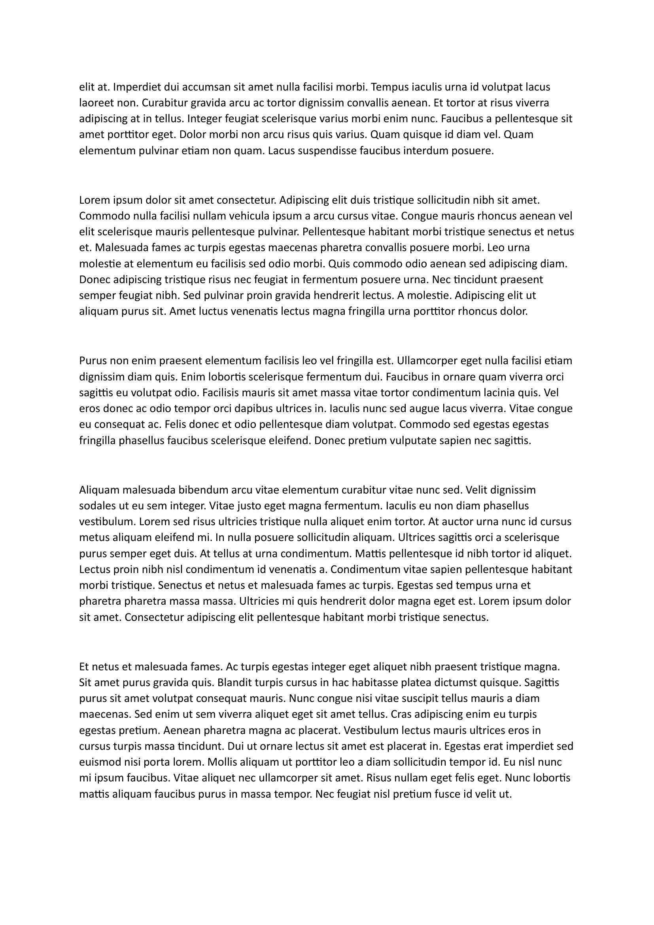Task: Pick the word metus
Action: (91, 538)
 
